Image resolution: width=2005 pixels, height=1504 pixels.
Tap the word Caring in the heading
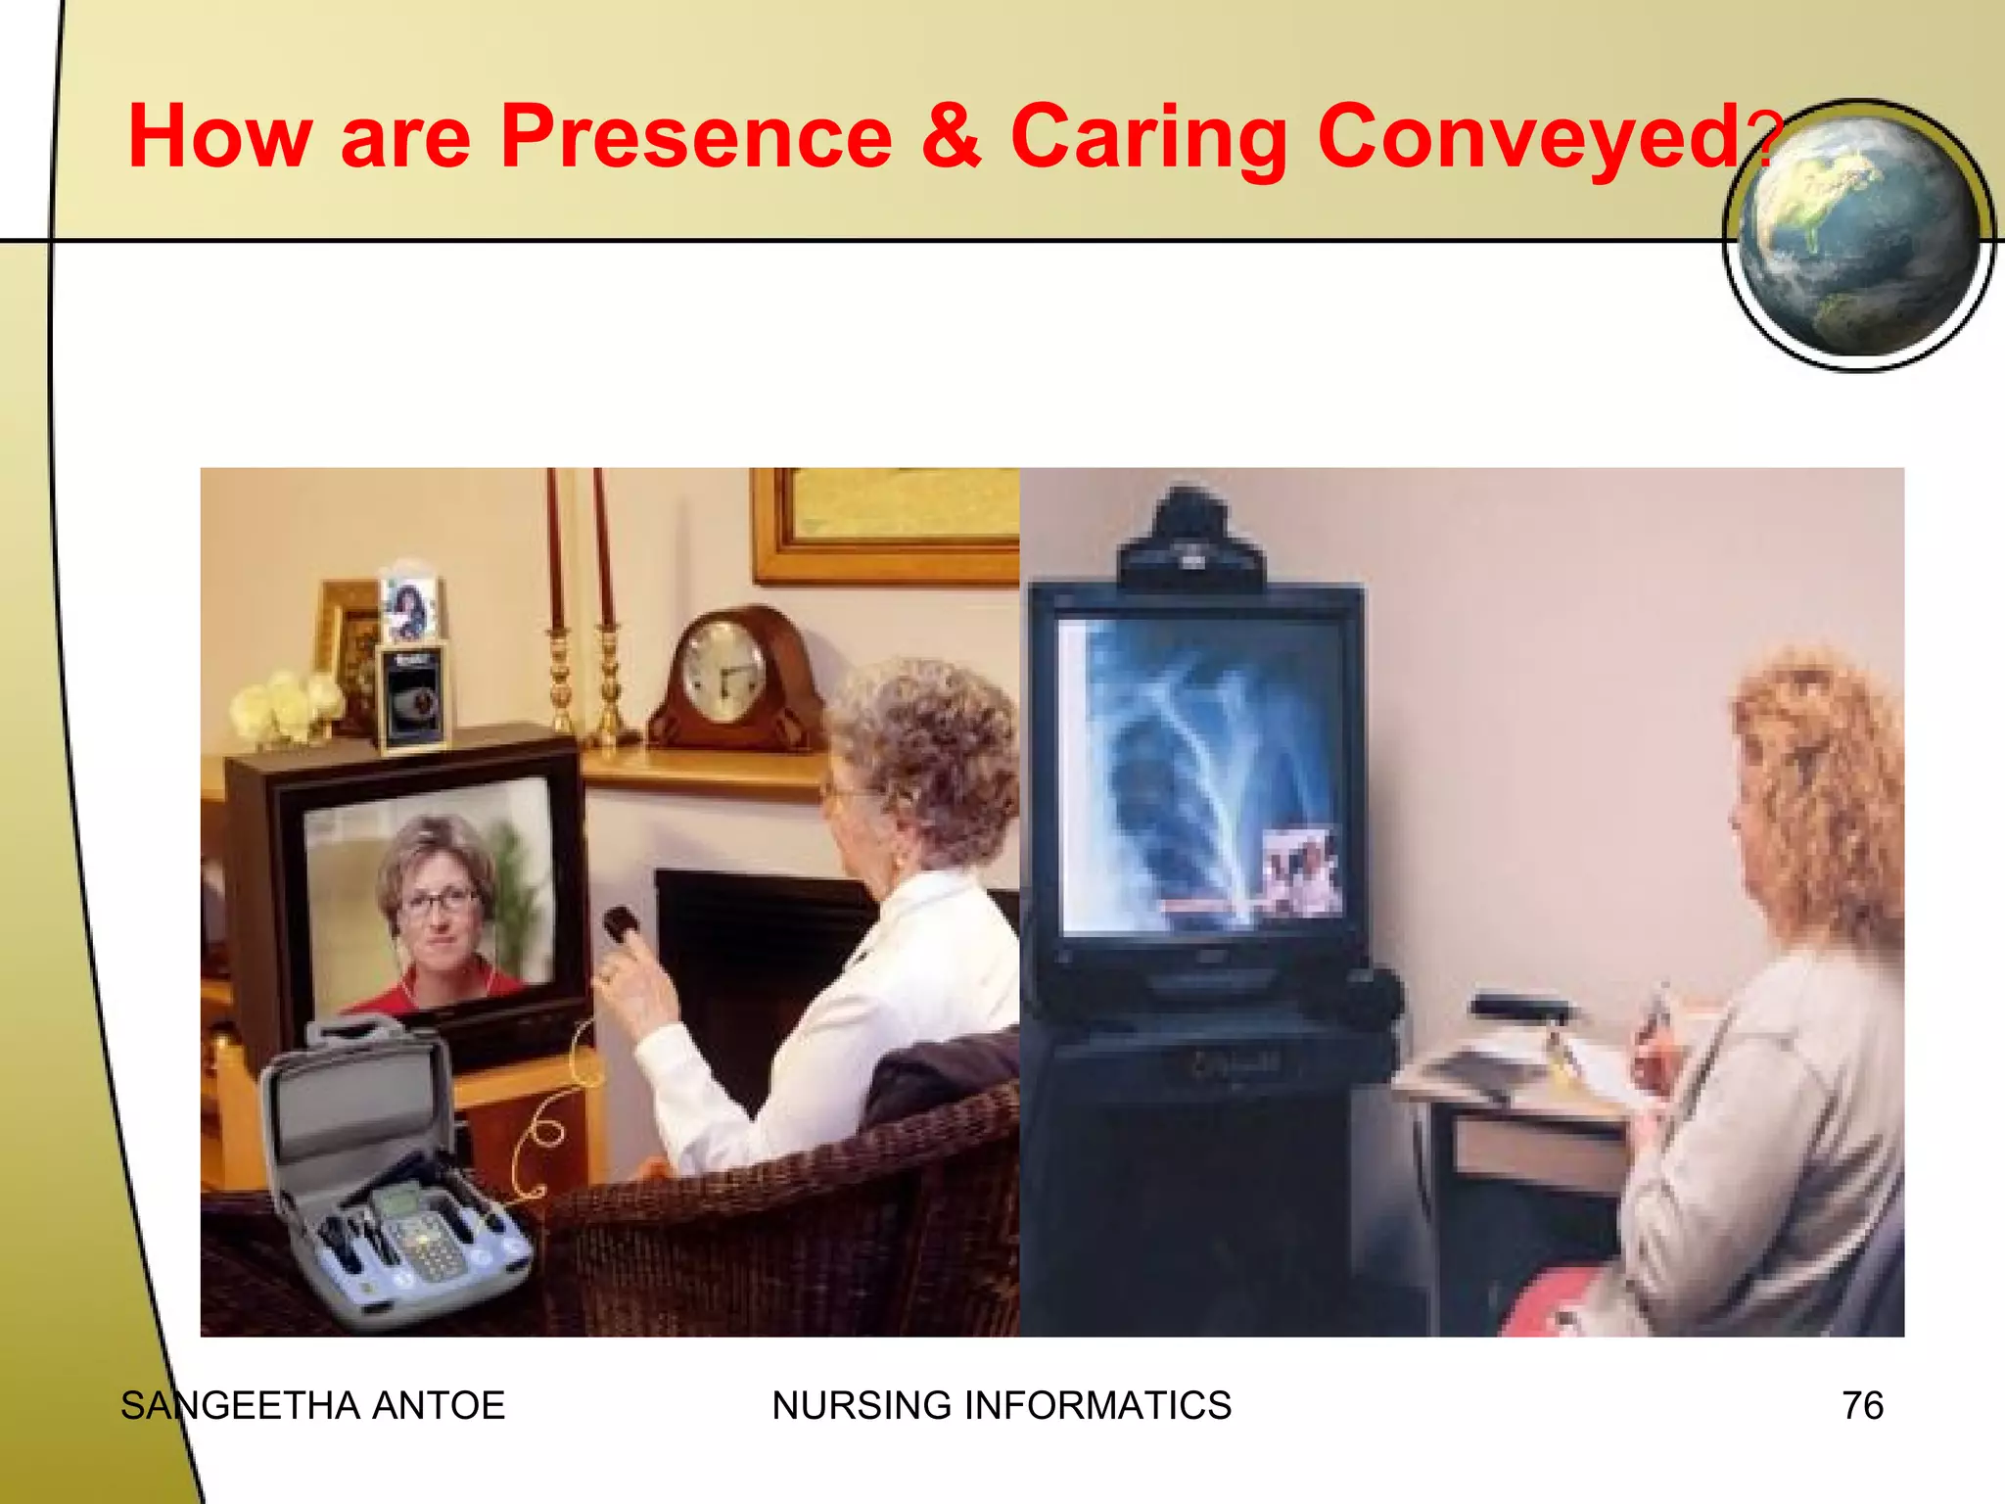point(1147,139)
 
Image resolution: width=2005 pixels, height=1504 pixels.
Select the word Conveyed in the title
point(1527,139)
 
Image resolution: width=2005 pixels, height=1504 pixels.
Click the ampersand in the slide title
point(950,137)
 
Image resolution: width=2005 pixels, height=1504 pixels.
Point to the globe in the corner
point(1857,235)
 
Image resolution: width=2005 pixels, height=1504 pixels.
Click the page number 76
point(1862,1406)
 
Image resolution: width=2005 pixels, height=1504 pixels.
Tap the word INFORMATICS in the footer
point(1097,1406)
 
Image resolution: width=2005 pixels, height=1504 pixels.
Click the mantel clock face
point(723,670)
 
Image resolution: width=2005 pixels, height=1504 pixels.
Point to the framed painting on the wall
point(886,524)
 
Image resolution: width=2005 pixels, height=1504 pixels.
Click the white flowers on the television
point(284,705)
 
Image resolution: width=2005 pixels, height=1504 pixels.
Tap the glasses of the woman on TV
point(439,901)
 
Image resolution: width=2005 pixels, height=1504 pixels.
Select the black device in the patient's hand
point(621,923)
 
